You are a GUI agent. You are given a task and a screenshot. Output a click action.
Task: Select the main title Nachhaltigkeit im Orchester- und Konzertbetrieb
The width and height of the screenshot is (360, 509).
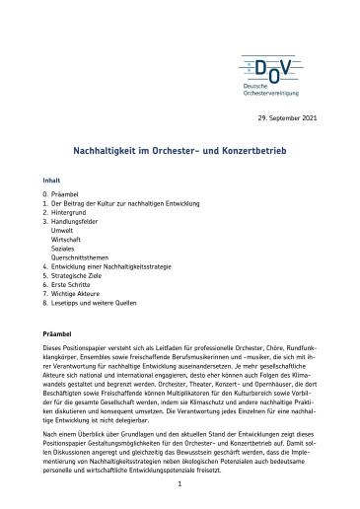tap(179, 153)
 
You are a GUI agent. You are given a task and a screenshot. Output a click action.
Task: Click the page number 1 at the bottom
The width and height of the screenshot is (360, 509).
tap(180, 484)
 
